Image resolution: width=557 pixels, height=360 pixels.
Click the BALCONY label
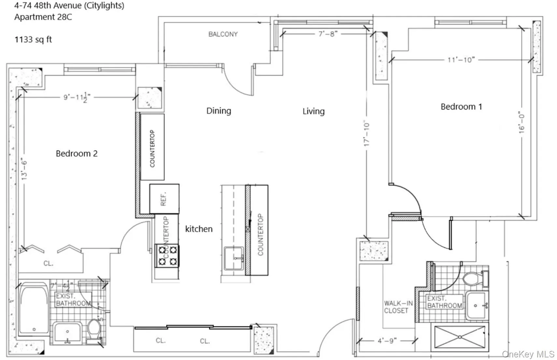tap(223, 34)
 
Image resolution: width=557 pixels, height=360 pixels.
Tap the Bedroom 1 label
tap(461, 107)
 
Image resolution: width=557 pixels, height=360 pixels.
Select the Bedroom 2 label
tap(77, 154)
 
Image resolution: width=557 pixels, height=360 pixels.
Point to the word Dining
tap(219, 111)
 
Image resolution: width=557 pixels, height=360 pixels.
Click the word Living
tap(313, 111)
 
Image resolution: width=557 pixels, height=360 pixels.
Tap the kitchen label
tap(199, 229)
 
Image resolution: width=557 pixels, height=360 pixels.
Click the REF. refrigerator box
tap(164, 199)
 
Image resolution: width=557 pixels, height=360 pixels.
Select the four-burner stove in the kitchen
tap(167, 256)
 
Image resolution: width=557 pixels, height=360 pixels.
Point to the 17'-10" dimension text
tap(367, 134)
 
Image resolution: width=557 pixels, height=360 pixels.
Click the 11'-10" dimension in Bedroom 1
tap(461, 60)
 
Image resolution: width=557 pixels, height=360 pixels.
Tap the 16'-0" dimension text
tap(522, 123)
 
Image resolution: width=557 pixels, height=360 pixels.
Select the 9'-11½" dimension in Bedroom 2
tap(77, 97)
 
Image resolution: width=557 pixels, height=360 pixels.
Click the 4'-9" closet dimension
tap(387, 341)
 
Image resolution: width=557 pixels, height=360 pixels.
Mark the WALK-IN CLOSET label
tap(398, 307)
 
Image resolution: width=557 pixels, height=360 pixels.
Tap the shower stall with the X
tap(460, 337)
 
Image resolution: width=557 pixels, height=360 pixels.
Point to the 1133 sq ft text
tap(33, 40)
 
